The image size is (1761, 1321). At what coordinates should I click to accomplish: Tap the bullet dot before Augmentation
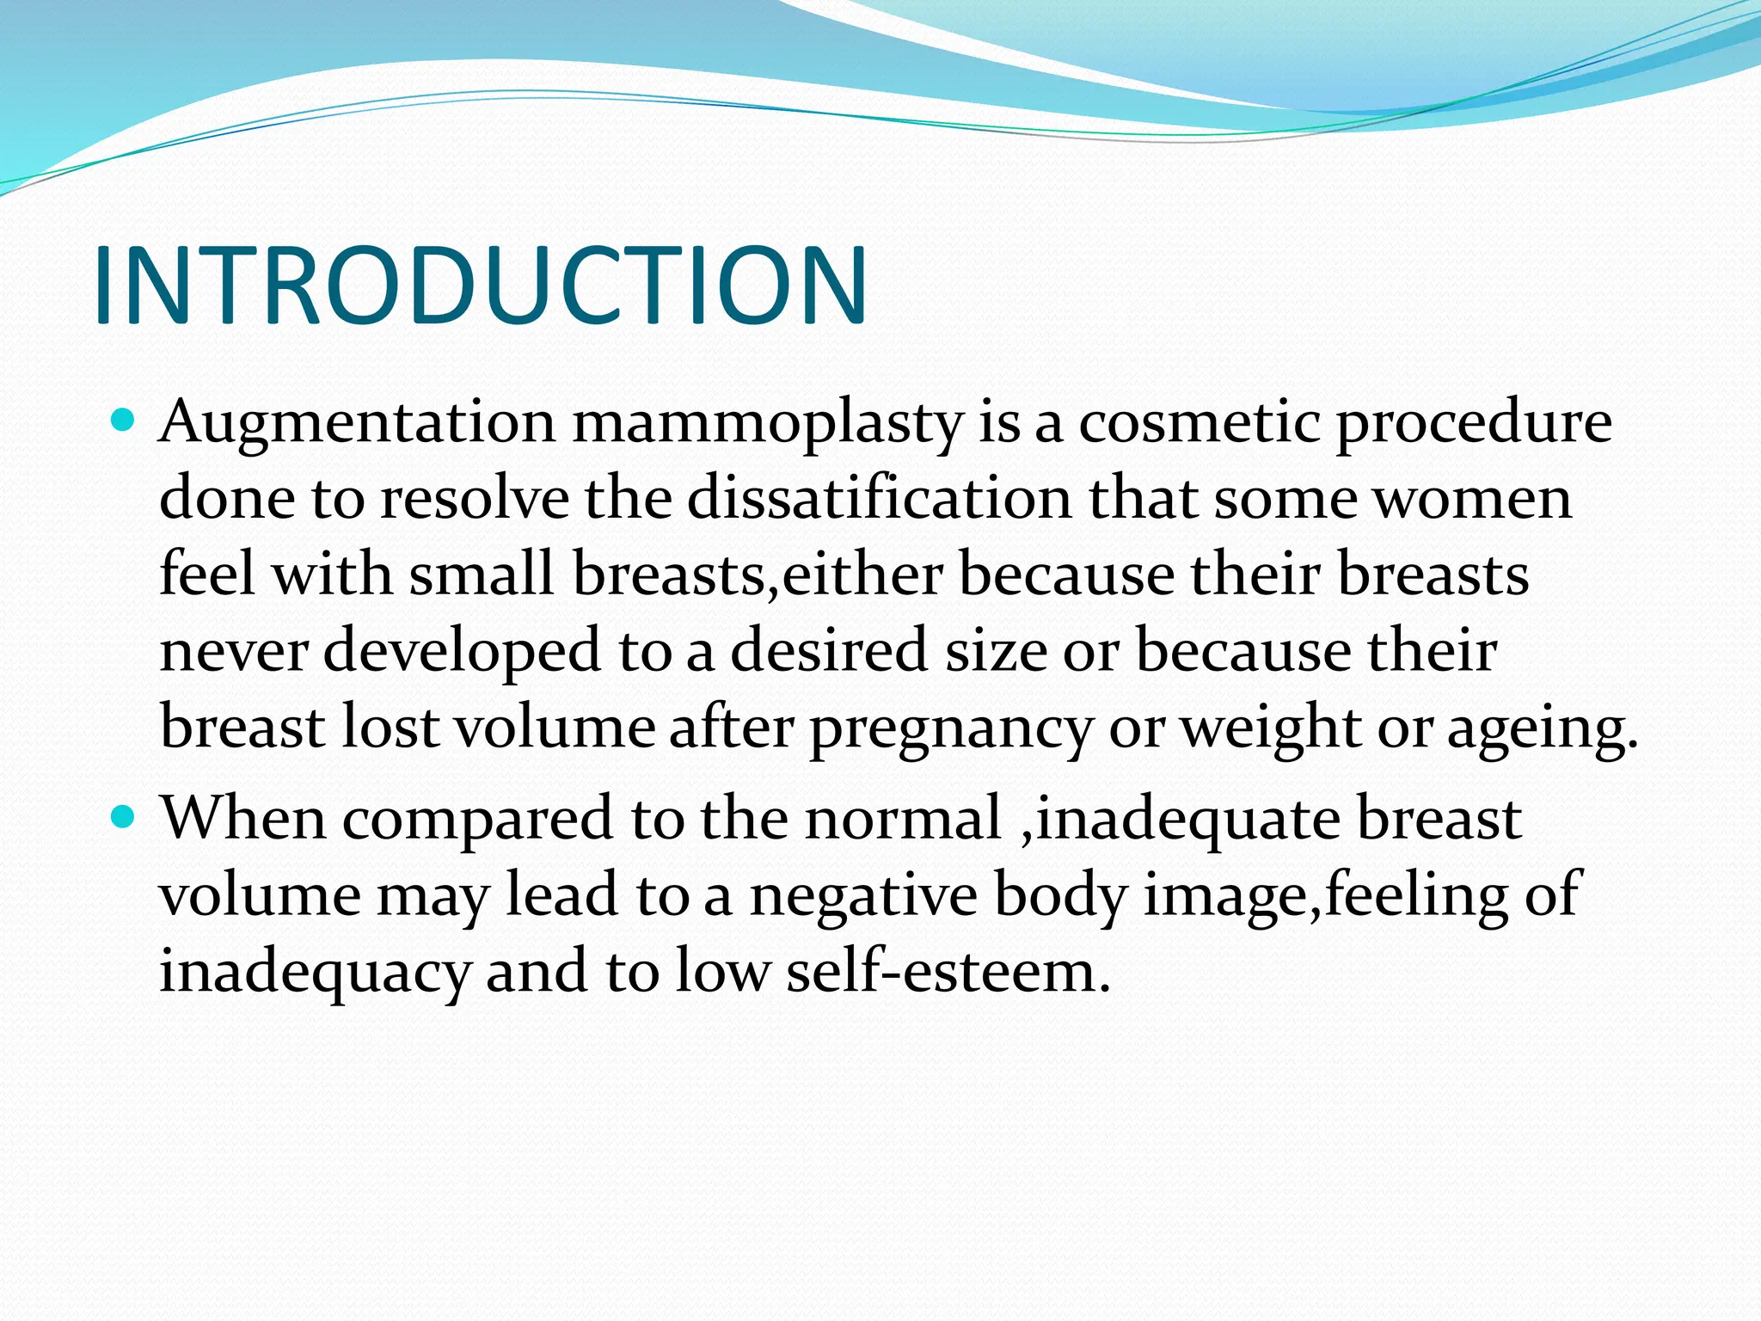126,421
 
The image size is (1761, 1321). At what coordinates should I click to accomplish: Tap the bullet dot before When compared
126,815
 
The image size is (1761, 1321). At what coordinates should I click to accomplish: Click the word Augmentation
357,423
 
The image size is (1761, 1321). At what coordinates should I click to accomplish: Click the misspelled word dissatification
879,499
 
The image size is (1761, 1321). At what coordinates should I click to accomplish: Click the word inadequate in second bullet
1187,820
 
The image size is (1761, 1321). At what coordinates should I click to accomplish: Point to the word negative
863,895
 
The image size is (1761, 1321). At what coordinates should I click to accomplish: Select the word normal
903,820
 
